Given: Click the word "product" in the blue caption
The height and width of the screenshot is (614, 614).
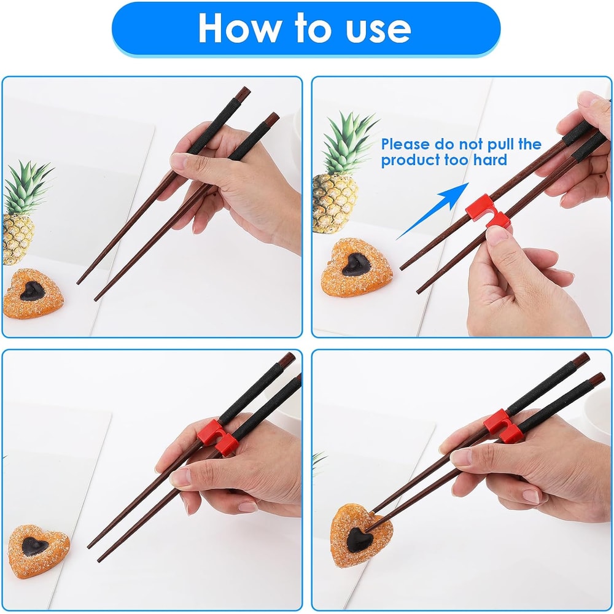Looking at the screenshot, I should coord(409,161).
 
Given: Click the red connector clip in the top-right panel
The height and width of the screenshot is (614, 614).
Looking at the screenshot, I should coord(486,212).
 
